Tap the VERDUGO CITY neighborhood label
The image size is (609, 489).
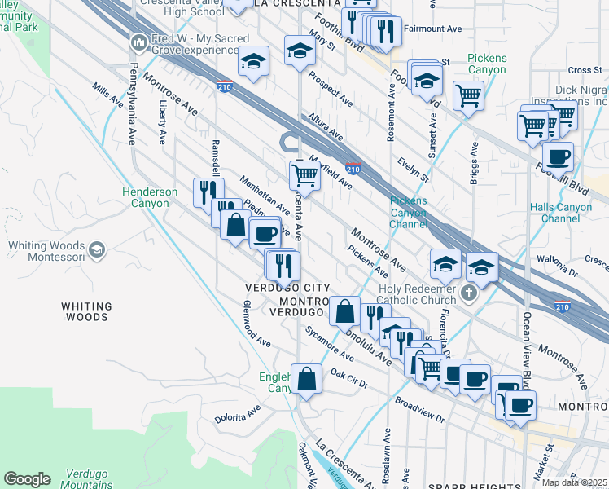pyautogui.click(x=287, y=289)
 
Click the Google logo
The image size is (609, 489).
pyautogui.click(x=27, y=478)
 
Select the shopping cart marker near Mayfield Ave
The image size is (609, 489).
pyautogui.click(x=304, y=173)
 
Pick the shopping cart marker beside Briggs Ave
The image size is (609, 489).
pyautogui.click(x=469, y=95)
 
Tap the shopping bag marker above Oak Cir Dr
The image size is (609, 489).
pyautogui.click(x=305, y=378)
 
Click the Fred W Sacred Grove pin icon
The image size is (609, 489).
pyautogui.click(x=138, y=42)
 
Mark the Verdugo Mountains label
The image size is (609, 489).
pyautogui.click(x=85, y=479)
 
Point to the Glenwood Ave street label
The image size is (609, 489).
pyautogui.click(x=256, y=323)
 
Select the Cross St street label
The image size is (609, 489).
pyautogui.click(x=585, y=71)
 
